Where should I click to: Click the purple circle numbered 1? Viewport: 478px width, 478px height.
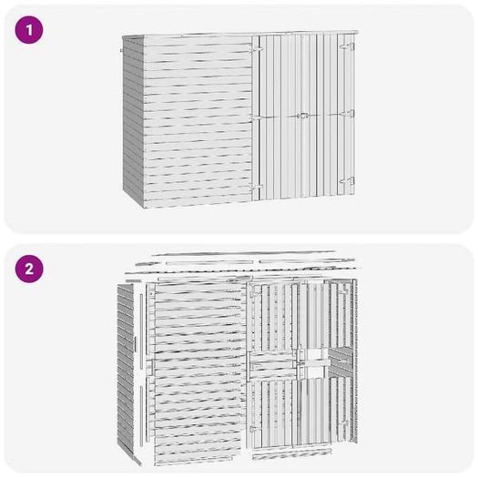tap(29, 30)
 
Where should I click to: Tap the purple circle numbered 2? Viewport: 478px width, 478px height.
tap(29, 269)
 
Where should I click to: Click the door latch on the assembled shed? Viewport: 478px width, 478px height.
tap(302, 116)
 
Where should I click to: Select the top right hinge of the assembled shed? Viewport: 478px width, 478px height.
tap(348, 46)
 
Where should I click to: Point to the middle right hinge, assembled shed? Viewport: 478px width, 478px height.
tap(348, 114)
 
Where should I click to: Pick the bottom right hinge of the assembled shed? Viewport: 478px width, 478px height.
tap(347, 181)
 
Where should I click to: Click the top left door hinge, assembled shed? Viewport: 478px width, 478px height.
tap(256, 49)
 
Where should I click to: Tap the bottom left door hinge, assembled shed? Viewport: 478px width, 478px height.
tap(256, 187)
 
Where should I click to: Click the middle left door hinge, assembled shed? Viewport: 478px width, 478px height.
tap(256, 117)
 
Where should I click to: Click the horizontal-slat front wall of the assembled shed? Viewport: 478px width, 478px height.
tap(198, 122)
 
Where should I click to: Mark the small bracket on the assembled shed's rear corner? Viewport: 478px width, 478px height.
tap(122, 50)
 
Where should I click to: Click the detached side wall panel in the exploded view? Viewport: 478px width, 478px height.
tap(126, 369)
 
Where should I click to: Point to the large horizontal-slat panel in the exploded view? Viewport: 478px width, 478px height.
tap(198, 371)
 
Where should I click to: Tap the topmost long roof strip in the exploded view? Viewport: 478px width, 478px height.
tap(243, 253)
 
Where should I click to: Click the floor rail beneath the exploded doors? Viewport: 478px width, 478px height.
tap(292, 453)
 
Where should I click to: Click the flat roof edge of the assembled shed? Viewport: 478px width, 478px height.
tap(240, 34)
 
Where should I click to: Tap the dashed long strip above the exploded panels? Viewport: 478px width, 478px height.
tap(241, 270)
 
